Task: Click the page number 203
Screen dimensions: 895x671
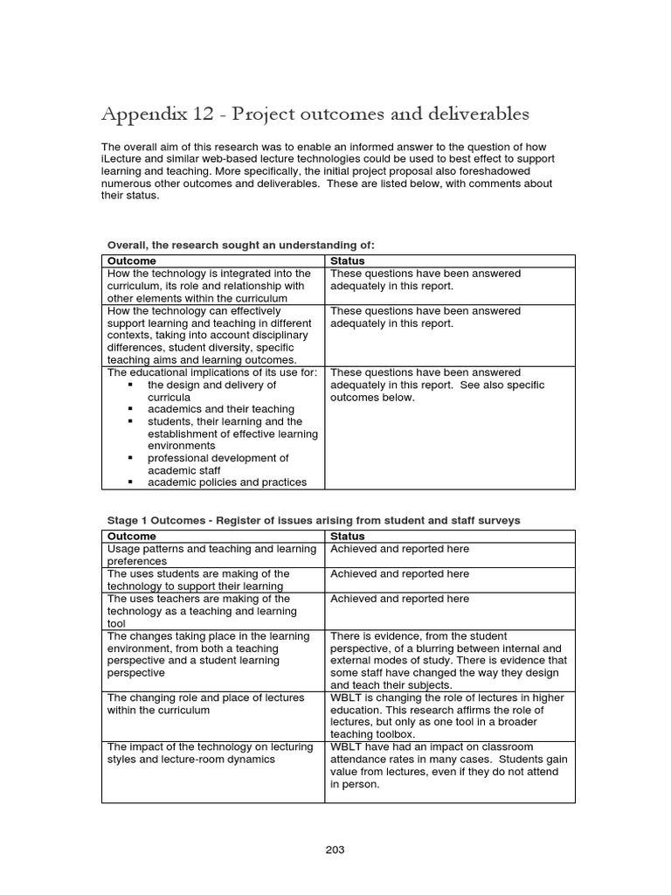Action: tap(335, 849)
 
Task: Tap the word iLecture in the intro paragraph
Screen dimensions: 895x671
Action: tap(123, 159)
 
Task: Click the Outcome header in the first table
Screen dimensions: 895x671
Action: tap(131, 260)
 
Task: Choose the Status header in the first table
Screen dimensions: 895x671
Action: tap(348, 260)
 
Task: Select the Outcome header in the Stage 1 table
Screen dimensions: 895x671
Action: tap(131, 536)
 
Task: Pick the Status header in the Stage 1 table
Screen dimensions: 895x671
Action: tap(348, 536)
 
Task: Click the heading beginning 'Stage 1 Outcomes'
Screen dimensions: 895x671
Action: tap(313, 520)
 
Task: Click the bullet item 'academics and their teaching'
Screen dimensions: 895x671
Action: tap(220, 409)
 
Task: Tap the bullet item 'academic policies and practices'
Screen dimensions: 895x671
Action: tap(227, 482)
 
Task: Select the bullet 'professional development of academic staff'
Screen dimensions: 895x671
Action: tap(218, 464)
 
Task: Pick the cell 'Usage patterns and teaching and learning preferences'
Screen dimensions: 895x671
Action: tap(211, 555)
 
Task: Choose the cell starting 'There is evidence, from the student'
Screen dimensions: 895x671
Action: tap(448, 661)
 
